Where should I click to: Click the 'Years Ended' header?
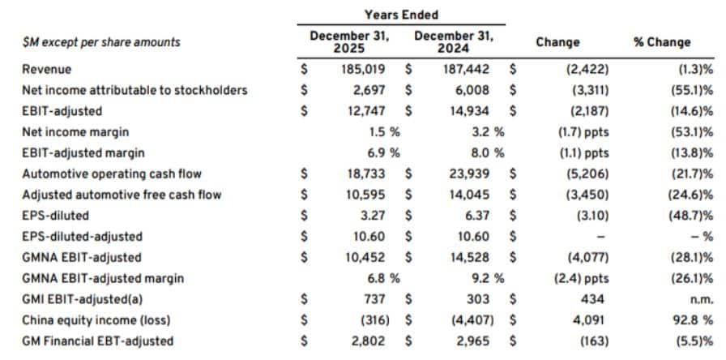(401, 15)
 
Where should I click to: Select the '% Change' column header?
(662, 42)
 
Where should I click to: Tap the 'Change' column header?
(557, 42)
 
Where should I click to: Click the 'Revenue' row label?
(47, 70)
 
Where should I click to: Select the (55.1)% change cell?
(690, 90)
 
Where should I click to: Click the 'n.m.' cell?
(702, 299)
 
